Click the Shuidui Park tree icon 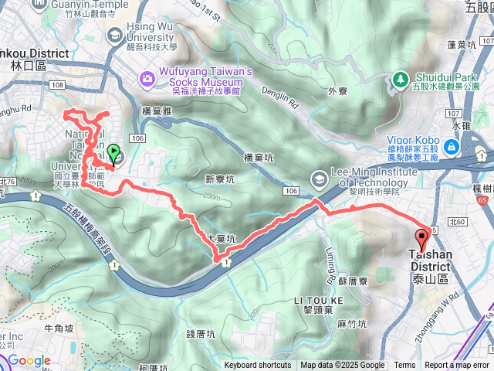[x=400, y=78]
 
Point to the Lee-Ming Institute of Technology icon [x=318, y=179]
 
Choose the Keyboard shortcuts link [x=258, y=366]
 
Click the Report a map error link [x=457, y=366]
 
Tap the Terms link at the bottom [x=404, y=366]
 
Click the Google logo [x=29, y=360]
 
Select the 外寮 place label [x=338, y=90]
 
